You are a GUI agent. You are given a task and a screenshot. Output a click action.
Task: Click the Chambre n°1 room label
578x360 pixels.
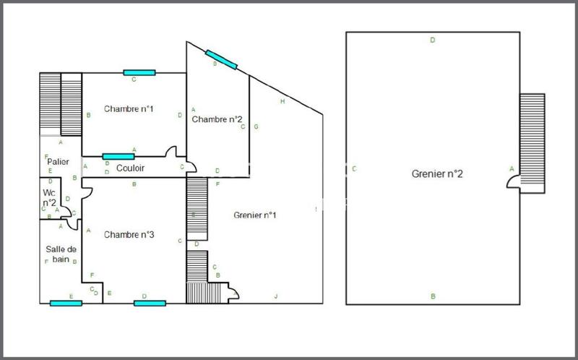click(129, 109)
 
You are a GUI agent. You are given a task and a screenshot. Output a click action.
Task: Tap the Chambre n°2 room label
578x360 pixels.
click(217, 119)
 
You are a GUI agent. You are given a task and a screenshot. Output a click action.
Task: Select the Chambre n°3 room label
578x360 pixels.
click(129, 234)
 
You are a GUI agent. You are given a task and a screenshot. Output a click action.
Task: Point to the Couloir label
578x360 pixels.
click(130, 168)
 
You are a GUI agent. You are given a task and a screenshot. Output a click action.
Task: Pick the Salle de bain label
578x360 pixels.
click(58, 254)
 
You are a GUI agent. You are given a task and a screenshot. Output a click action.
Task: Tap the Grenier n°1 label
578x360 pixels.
click(255, 215)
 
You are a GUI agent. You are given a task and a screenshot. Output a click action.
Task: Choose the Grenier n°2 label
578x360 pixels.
click(437, 173)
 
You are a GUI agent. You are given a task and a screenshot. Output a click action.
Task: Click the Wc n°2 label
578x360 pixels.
click(49, 198)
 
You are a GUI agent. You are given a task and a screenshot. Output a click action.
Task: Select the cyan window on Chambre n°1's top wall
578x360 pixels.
click(139, 72)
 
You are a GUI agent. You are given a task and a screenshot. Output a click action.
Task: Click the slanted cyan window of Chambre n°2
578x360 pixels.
click(222, 59)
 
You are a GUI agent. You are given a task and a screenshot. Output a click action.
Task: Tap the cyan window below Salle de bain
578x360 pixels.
click(66, 303)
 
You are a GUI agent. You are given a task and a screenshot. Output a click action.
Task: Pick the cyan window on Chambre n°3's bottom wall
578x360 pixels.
click(150, 303)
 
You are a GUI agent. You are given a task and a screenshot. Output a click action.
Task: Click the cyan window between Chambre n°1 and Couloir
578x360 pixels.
click(118, 156)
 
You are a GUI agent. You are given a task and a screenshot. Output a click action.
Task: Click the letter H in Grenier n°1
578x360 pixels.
click(282, 101)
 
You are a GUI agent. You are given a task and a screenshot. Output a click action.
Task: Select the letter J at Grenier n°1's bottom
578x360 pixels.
click(275, 296)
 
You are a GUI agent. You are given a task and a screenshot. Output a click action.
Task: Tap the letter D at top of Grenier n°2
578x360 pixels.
click(432, 40)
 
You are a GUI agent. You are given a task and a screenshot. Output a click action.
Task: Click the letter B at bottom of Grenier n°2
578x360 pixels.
click(433, 296)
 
